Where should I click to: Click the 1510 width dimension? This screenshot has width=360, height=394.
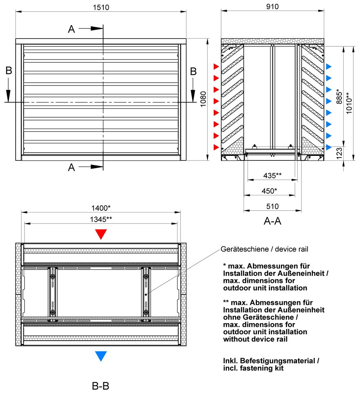tap(101, 7)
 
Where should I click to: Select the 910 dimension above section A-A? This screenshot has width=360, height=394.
tap(272, 7)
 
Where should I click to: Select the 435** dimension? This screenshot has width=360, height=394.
tap(273, 176)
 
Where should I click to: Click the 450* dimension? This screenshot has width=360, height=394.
tap(269, 191)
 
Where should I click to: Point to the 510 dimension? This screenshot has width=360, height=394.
tap(272, 206)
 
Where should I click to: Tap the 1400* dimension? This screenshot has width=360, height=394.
tap(101, 207)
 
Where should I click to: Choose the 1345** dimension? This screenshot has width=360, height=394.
tap(101, 219)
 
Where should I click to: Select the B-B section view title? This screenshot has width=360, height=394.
tap(100, 385)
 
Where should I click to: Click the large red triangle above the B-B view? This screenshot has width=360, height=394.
tap(101, 234)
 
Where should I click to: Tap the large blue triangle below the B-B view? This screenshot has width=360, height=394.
tap(101, 356)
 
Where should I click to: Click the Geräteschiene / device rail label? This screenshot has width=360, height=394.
tap(263, 249)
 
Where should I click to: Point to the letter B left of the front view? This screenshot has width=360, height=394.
tap(9, 71)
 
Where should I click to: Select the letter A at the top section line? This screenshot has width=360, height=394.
tap(72, 29)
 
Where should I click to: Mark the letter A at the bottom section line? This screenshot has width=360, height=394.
tap(72, 167)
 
